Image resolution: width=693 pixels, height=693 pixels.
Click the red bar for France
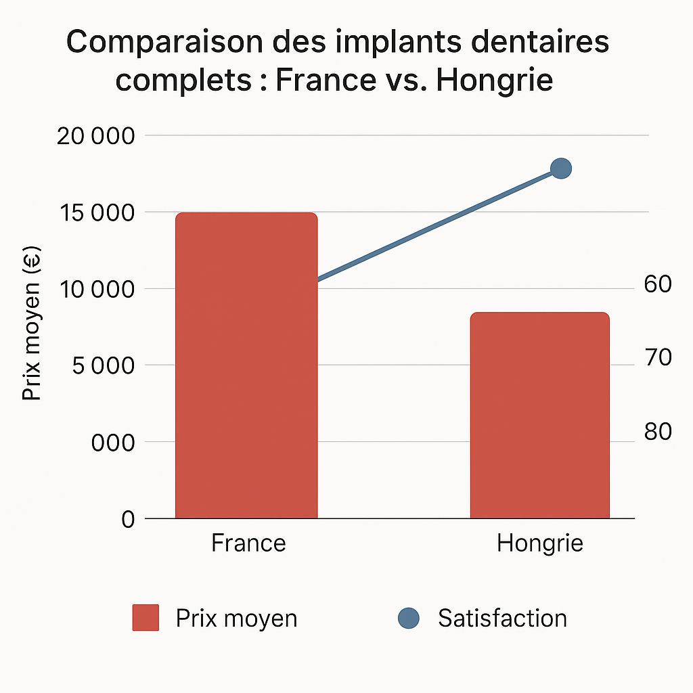246,365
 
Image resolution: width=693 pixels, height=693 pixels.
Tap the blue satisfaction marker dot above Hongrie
561,169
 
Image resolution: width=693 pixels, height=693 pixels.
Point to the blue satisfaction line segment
440,224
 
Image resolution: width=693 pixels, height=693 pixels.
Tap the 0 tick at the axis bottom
128,519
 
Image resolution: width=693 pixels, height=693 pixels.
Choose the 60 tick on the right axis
657,284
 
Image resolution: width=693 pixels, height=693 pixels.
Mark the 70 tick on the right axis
657,357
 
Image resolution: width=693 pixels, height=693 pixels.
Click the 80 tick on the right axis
657,431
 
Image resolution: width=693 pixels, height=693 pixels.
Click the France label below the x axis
248,543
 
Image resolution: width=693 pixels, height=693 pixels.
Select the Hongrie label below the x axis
539,543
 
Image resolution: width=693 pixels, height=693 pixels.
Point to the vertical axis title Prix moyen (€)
32,325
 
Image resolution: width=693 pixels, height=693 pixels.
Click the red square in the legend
146,618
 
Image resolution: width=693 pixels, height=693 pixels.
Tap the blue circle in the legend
408,618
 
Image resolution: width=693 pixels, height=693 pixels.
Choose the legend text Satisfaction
502,618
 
